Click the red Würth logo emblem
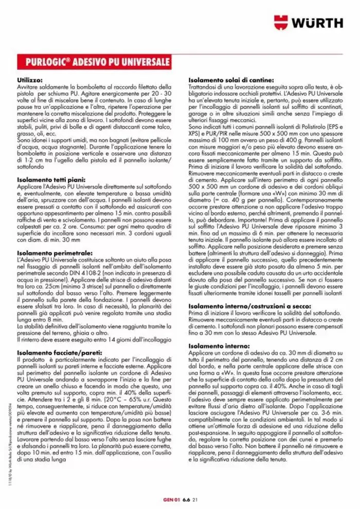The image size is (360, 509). pyautogui.click(x=281, y=22)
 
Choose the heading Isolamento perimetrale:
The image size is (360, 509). pyautogui.click(x=55, y=253)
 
